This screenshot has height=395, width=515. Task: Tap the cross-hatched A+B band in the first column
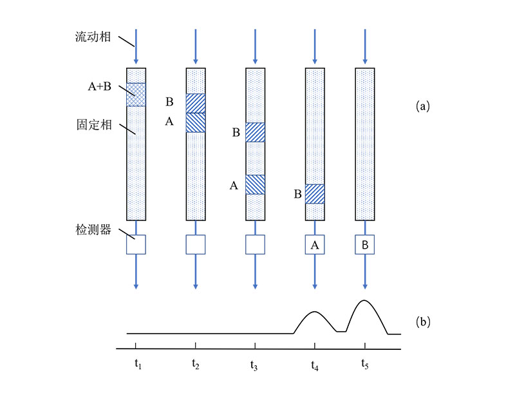[x=136, y=95]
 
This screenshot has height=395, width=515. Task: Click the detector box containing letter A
[x=315, y=245]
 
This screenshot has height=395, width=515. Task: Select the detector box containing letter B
[x=364, y=245]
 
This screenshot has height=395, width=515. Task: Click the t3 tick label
[x=254, y=365]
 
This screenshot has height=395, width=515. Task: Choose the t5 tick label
[x=364, y=365]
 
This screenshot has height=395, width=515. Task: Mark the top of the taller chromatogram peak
[x=364, y=300]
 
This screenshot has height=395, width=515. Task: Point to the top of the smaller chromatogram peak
[x=314, y=312]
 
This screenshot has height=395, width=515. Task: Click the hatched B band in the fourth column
[x=315, y=194]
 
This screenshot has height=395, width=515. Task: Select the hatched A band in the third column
[x=256, y=185]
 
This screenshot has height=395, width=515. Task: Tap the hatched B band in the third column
[x=256, y=132]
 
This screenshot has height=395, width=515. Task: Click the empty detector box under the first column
[x=136, y=245]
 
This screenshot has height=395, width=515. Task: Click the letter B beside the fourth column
[x=298, y=194]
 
